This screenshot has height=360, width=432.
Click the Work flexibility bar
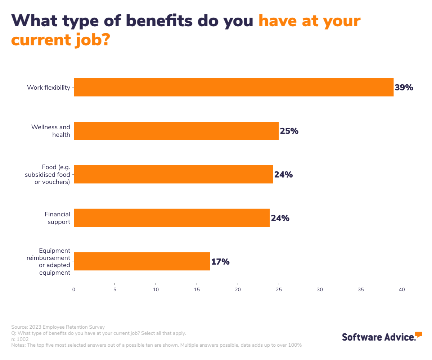tap(234, 87)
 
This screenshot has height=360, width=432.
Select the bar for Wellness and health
tap(176, 131)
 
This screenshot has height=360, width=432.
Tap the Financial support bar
tap(172, 218)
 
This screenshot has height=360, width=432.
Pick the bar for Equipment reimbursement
tap(142, 261)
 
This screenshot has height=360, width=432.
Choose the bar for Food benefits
tap(173, 174)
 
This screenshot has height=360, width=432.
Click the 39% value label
tap(404, 87)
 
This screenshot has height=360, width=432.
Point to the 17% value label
tap(220, 262)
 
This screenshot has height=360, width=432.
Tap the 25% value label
tap(289, 131)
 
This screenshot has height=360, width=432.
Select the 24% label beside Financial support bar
tap(280, 218)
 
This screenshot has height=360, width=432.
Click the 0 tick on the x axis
tap(74, 289)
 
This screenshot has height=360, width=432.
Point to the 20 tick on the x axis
tap(238, 289)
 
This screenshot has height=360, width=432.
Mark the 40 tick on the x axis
tap(402, 289)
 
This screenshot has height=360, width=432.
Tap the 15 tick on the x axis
tap(197, 289)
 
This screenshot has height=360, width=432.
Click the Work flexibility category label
tap(49, 87)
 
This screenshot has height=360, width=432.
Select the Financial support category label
tap(58, 218)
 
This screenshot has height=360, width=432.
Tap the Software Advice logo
tap(382, 336)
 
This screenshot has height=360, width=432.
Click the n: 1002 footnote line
tap(20, 339)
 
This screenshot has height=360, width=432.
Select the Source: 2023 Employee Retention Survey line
tap(58, 327)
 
